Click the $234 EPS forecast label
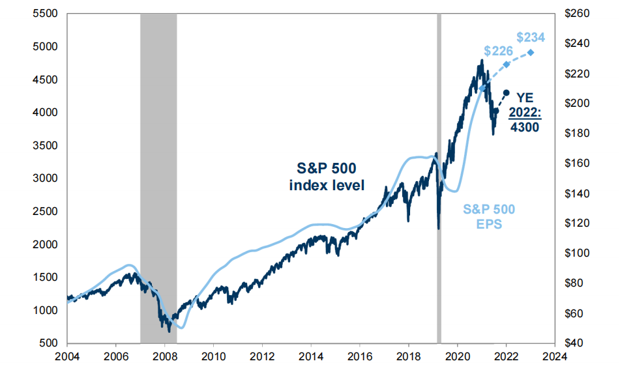(x=530, y=37)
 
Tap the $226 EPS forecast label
(x=499, y=51)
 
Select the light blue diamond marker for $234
(x=531, y=53)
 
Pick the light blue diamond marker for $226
(x=507, y=64)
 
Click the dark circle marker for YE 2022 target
(x=507, y=93)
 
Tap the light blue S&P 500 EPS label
(x=489, y=216)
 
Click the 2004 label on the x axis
(x=67, y=356)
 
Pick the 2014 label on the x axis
(x=311, y=356)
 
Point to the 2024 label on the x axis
(x=555, y=356)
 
